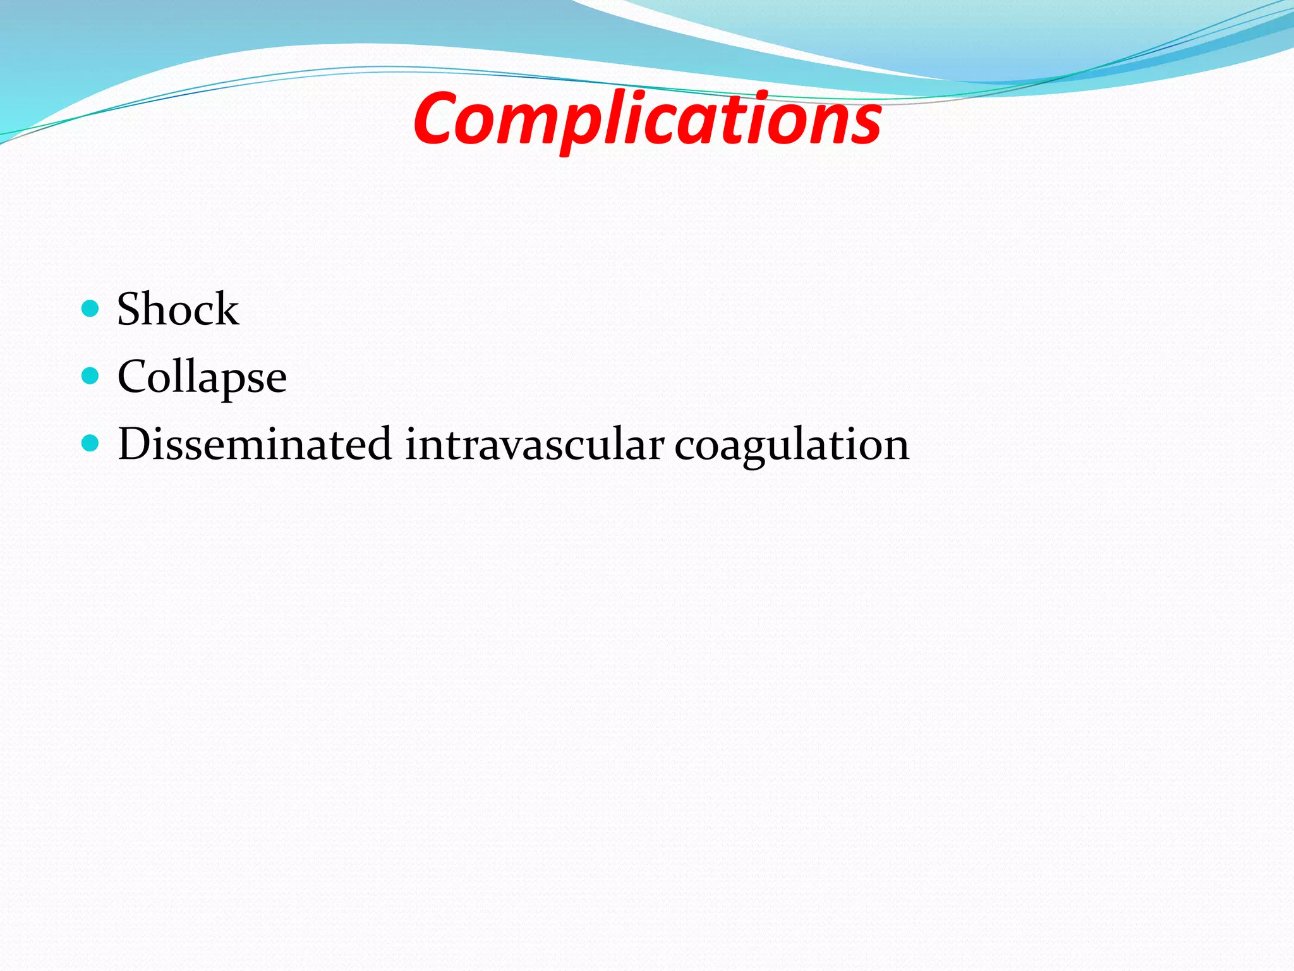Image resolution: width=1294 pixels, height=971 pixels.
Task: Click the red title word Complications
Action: pos(647,119)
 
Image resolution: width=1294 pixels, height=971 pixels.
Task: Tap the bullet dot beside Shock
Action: pos(91,308)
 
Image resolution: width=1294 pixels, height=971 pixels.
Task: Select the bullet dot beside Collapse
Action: pos(91,376)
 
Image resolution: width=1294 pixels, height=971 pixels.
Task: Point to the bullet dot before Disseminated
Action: pos(91,443)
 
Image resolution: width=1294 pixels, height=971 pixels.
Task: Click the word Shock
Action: pos(178,310)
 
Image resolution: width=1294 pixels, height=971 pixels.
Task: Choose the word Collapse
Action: pos(202,377)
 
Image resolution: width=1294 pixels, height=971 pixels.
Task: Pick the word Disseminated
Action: pos(255,444)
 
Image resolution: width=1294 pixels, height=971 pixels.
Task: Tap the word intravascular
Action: pos(534,444)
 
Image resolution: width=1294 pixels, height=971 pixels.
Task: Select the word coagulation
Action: pos(791,445)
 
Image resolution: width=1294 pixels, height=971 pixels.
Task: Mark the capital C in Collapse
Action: pos(133,377)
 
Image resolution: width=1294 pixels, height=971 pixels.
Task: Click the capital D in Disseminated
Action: pos(135,444)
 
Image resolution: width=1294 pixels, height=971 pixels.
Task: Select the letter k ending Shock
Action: pos(227,310)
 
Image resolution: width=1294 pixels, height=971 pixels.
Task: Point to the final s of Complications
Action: pos(865,123)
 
